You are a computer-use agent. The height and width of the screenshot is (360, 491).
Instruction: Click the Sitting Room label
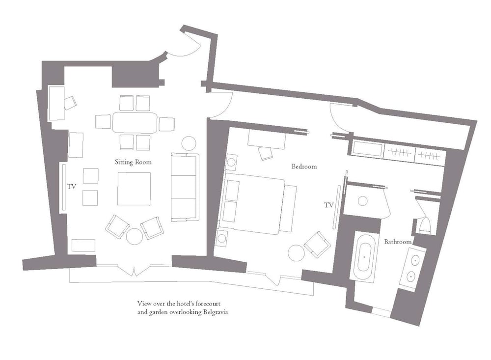point(133,162)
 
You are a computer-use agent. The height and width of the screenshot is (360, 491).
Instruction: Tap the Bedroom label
point(304,166)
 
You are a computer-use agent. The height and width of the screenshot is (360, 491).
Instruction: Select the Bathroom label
point(398,242)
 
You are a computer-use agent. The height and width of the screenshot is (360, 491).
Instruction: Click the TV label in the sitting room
point(72,187)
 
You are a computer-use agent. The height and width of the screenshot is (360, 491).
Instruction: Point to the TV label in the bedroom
point(329,205)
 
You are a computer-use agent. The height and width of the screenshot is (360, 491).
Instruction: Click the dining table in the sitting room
point(135,123)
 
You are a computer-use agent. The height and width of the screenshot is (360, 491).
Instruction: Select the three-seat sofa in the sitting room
point(185,187)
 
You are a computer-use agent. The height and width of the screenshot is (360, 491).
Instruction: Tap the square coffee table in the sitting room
point(134,189)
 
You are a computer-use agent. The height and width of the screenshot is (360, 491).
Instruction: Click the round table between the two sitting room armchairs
point(135,236)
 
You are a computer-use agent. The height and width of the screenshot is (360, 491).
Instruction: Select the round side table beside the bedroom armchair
point(296,252)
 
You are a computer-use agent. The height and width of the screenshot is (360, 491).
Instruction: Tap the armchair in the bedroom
point(317,245)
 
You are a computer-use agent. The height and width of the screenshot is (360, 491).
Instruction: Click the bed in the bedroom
point(254,206)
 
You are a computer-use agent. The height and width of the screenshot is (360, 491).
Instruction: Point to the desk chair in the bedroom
point(265,153)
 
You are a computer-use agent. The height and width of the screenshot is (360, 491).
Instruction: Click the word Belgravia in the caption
point(215,312)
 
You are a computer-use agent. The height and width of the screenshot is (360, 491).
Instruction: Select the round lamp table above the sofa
point(189,143)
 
